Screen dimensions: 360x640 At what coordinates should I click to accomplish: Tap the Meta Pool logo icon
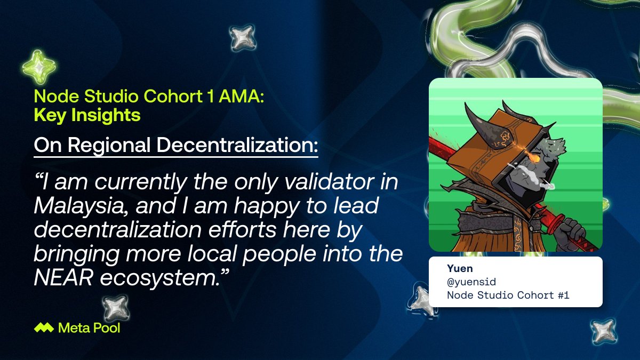click(x=43, y=328)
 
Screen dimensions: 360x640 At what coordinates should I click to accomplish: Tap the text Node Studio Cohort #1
click(x=508, y=295)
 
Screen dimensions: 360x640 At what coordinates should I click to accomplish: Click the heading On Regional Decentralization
click(x=176, y=145)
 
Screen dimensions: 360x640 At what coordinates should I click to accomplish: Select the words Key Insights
click(x=87, y=115)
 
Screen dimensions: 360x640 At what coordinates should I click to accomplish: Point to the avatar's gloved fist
click(x=566, y=231)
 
